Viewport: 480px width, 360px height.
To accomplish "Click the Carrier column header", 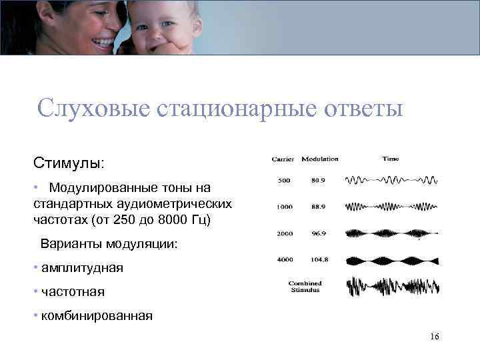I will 283,159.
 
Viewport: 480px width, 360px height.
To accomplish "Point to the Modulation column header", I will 320,159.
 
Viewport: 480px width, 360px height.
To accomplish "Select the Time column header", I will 391,159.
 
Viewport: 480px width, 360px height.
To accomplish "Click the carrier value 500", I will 284,180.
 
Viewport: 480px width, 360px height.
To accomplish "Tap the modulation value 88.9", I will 318,207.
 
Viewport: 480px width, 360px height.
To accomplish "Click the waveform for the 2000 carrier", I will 392,233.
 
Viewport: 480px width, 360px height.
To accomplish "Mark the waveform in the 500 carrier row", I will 392,180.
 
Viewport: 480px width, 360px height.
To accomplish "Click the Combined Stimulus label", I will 304,287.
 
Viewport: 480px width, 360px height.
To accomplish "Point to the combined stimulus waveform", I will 392,287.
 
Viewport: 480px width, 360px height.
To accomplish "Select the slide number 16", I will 435,337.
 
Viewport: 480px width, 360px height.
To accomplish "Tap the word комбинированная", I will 97,315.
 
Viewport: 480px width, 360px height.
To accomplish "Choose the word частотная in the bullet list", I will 73,291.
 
